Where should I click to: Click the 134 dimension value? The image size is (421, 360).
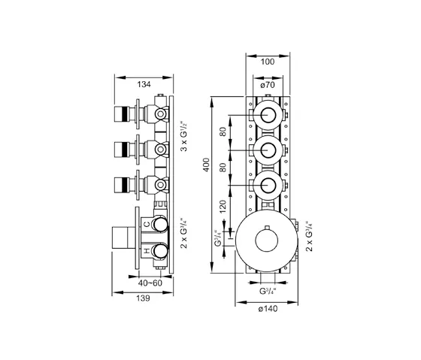point(144,84)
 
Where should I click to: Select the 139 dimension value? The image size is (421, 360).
point(143,298)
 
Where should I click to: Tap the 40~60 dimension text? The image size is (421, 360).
point(150,283)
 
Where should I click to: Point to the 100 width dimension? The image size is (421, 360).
point(268,62)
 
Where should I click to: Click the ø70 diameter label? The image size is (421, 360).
point(268,85)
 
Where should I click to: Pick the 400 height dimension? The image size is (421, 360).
point(206,165)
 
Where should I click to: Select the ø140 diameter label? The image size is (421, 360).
point(268,309)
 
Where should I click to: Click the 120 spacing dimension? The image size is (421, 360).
point(223,207)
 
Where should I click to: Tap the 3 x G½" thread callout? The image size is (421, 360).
point(184,136)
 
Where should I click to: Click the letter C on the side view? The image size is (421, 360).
point(147,225)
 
